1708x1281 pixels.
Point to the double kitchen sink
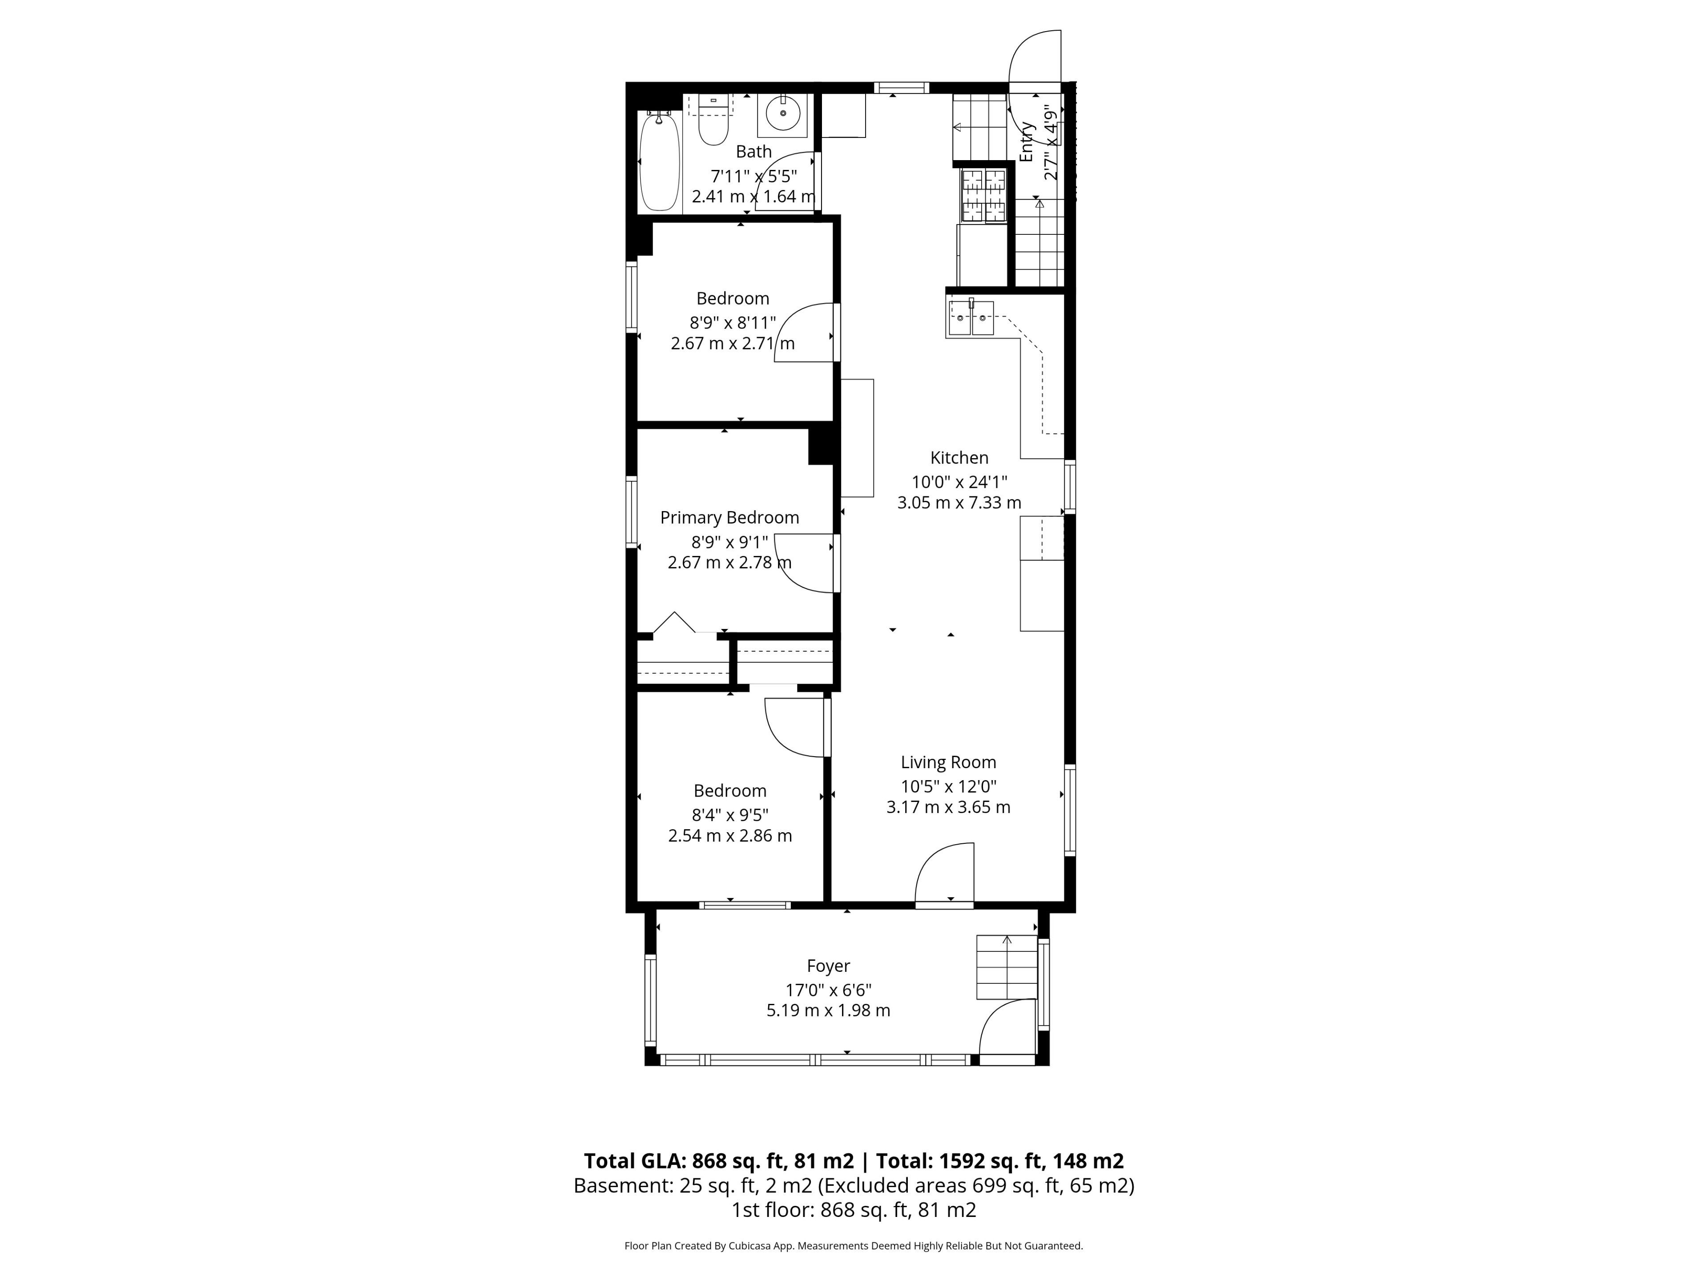971,317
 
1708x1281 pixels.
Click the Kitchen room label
959,458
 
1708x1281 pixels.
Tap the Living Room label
948,762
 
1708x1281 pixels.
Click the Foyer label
829,966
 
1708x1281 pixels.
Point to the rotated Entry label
1026,142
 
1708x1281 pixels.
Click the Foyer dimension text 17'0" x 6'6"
829,990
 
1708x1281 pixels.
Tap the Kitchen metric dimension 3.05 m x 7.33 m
959,503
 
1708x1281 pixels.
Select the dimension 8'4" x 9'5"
730,814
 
